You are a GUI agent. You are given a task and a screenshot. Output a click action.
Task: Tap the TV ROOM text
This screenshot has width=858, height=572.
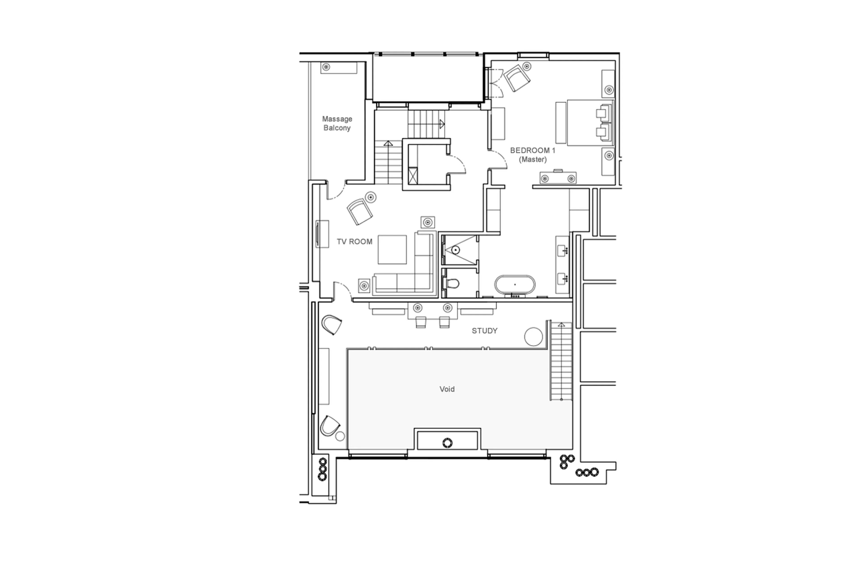point(354,241)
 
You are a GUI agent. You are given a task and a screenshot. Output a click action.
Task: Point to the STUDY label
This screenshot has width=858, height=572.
point(484,331)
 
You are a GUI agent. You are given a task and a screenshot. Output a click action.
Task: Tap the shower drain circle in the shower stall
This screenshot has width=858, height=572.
point(455,250)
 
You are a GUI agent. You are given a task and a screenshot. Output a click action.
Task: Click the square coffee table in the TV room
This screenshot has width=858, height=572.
point(392,249)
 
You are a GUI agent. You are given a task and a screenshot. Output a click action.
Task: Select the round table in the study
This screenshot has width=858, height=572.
point(533,336)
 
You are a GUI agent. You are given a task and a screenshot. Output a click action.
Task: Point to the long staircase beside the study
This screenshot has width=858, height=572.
point(561,361)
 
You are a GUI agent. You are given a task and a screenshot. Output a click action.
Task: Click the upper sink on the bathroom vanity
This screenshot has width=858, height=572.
point(563,251)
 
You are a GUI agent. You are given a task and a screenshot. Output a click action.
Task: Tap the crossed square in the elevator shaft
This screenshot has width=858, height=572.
point(413,175)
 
